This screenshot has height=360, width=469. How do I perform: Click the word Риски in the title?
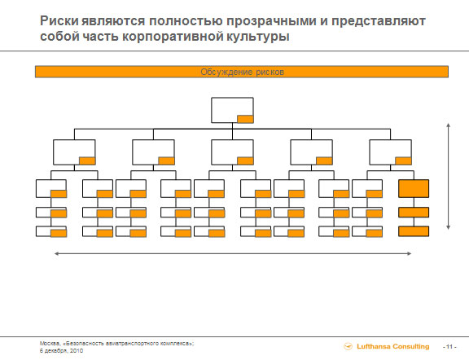pos(59,21)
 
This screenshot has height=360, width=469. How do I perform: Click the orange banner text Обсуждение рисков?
pos(242,72)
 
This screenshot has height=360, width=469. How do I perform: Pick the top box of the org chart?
pos(232,110)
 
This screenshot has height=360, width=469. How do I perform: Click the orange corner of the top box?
pos(245,119)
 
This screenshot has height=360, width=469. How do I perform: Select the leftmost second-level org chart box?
pos(74,152)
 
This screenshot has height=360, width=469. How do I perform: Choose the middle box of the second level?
pos(232,152)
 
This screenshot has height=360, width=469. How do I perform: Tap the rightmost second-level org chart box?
pos(390,152)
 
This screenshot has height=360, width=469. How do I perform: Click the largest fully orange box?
pos(414,188)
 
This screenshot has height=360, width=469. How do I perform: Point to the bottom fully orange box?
pos(414,231)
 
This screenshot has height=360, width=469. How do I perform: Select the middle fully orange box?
pos(414,212)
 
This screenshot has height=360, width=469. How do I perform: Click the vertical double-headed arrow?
pos(448,176)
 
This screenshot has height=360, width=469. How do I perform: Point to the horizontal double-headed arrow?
pos(233,253)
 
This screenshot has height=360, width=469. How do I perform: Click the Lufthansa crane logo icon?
pos(348,346)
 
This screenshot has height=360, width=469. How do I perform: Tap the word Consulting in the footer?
pos(410,346)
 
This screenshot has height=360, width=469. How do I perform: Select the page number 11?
pos(449,346)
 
